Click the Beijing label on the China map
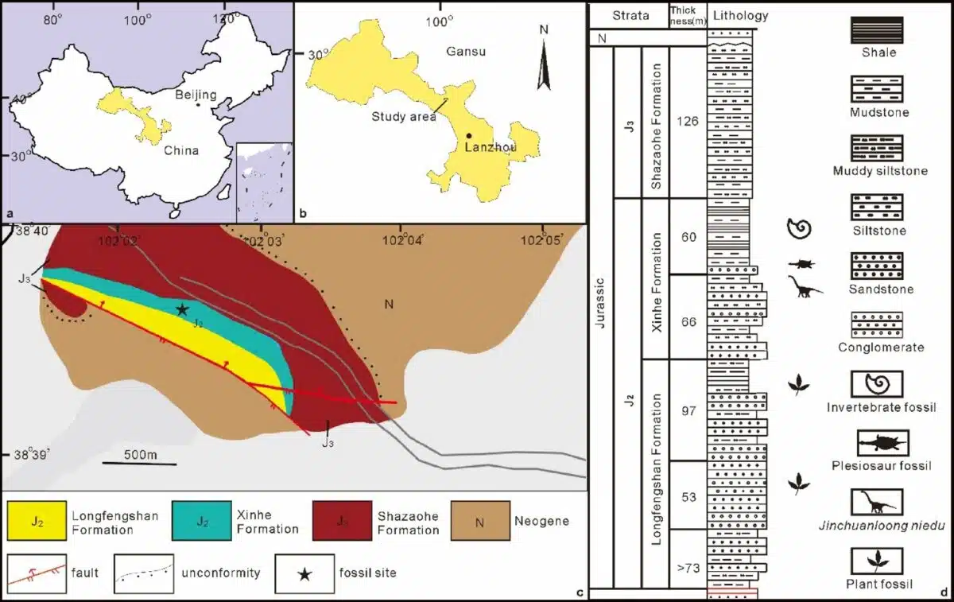click(196, 95)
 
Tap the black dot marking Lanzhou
click(469, 136)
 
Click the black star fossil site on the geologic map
click(182, 309)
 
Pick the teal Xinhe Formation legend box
click(203, 522)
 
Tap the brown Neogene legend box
click(476, 522)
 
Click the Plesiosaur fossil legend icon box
click(882, 443)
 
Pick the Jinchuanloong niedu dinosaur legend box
click(877, 502)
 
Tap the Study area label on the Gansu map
click(404, 116)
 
